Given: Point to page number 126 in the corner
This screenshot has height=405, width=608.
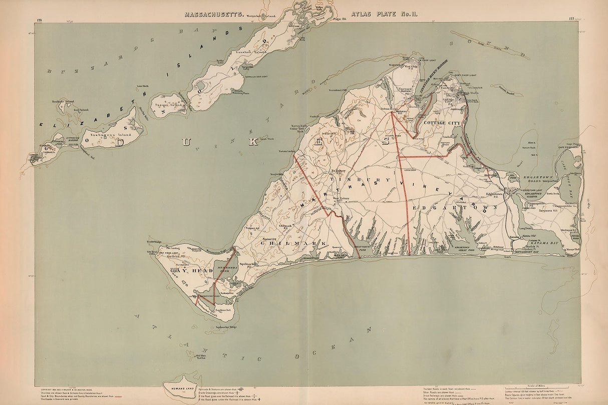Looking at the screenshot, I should click(x=40, y=20).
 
